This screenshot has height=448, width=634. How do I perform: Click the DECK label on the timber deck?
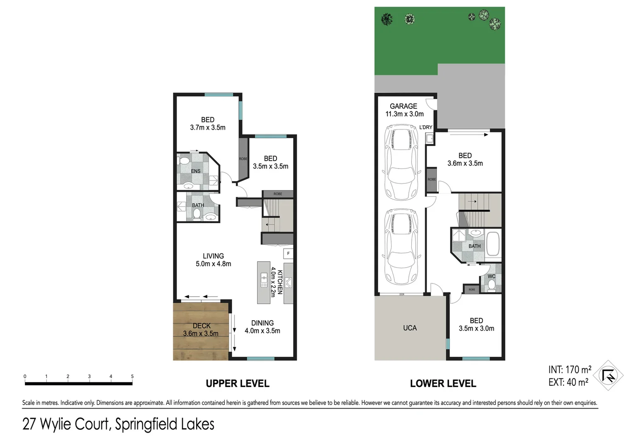pos(202,326)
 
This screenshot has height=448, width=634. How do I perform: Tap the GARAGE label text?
pos(403,106)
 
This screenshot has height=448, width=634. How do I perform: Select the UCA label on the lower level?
pos(410,328)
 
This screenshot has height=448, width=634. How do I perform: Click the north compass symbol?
pos(608,375)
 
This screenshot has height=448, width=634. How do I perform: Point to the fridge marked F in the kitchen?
pos(288,253)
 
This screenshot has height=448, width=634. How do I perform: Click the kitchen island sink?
pos(264,280)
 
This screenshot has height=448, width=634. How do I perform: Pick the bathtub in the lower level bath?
pos(493,244)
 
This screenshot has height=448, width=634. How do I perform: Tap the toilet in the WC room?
pos(491,285)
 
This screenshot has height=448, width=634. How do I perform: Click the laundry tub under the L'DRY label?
pos(430,139)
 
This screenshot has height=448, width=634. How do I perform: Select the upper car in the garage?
pos(401,163)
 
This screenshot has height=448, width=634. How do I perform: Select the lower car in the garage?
pos(401,246)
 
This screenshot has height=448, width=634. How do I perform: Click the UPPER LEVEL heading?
pos(238,384)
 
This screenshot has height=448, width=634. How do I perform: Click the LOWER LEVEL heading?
pos(443,384)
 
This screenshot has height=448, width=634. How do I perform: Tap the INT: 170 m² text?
pos(570,370)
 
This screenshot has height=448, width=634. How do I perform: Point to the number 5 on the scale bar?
pos(132,377)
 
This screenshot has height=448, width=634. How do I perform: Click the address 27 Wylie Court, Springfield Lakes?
pos(118,424)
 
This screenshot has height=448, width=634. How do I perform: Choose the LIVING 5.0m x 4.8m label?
pos(213,260)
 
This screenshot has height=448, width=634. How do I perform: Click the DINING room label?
pos(262,323)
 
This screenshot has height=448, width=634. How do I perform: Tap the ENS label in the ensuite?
pos(196,171)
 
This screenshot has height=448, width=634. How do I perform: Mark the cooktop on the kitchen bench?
pos(288,282)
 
